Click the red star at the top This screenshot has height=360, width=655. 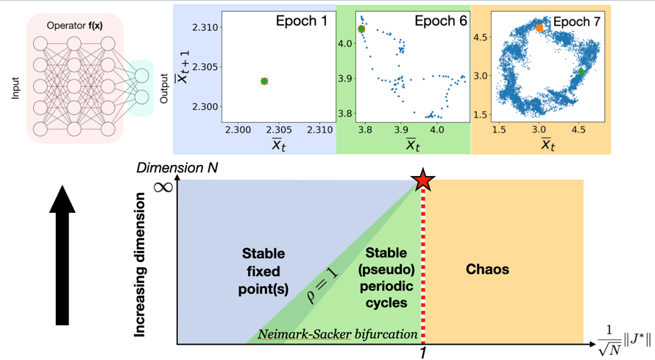[x=422, y=180]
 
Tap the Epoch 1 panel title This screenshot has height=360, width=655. [x=298, y=21]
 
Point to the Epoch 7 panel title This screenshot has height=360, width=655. [x=576, y=21]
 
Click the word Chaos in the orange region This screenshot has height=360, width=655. [x=487, y=269]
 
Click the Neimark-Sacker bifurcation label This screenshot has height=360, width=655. [x=337, y=334]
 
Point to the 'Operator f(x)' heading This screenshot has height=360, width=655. [x=74, y=26]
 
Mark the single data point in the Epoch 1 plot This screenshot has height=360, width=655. [x=264, y=81]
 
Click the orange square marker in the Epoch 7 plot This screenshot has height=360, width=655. [x=539, y=28]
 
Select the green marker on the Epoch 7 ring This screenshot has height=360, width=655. [x=581, y=72]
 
